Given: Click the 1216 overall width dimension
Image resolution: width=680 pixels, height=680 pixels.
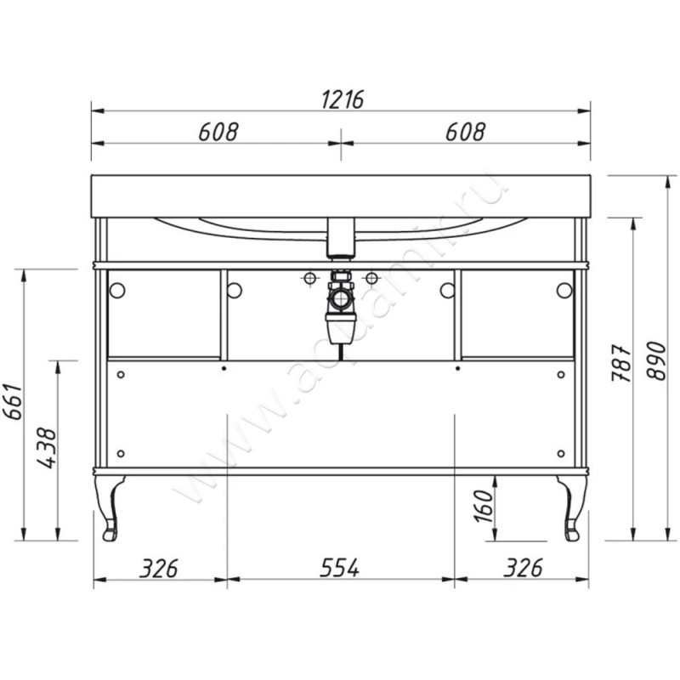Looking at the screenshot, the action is coord(343,99).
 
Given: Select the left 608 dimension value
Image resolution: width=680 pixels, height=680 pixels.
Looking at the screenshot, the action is coord(218,132).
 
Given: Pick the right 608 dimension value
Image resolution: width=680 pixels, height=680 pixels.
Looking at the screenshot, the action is coord(465,132).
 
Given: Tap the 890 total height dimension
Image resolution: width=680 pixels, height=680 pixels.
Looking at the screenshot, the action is coord(656,361).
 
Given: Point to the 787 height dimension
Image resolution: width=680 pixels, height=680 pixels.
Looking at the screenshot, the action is coord(620,363).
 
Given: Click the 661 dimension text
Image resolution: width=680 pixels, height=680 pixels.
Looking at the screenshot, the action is coord(13,401).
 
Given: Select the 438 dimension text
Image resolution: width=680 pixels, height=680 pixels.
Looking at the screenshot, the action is coord(47,449).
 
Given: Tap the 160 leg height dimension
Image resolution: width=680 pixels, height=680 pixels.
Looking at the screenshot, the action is coord(484,506).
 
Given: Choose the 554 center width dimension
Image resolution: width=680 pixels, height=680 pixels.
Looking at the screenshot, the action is coord(339,568).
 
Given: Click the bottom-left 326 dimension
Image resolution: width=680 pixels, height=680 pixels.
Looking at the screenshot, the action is coord(159,568).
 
